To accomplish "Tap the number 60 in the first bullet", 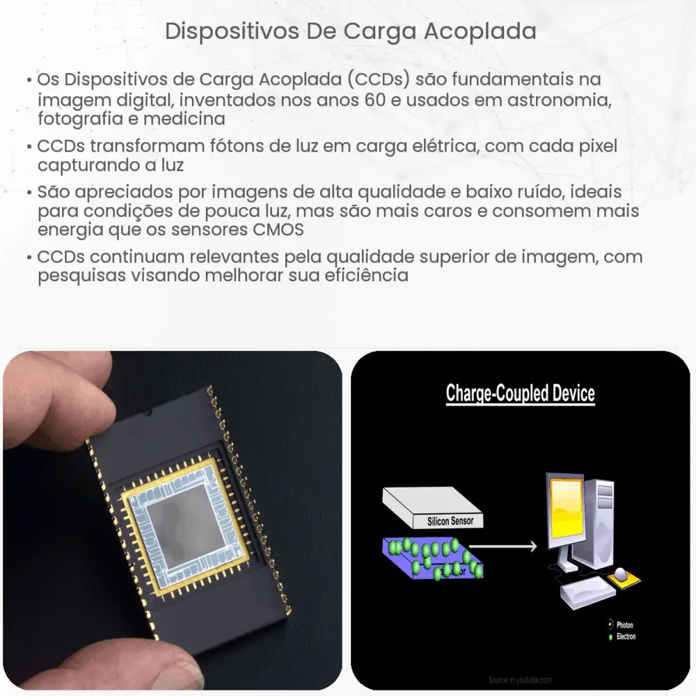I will tap(371, 100).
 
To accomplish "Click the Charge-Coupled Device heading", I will tap(520, 394).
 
